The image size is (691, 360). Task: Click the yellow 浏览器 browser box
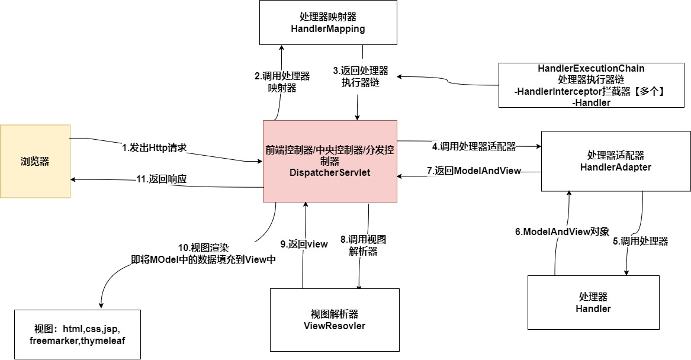click(x=35, y=160)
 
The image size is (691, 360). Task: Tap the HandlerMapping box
click(x=329, y=22)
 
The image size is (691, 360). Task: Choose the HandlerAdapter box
click(x=615, y=161)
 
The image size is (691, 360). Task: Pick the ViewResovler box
click(x=335, y=319)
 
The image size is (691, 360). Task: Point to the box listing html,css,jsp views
click(x=78, y=335)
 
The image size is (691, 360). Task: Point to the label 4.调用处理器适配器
click(x=474, y=146)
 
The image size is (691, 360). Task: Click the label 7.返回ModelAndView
click(x=474, y=171)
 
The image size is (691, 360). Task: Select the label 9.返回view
click(x=304, y=244)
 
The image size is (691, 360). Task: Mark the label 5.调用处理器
click(x=640, y=241)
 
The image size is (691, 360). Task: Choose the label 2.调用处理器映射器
click(x=282, y=82)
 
